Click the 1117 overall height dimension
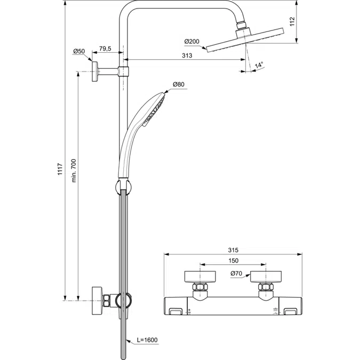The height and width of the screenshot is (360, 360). [x=60, y=170]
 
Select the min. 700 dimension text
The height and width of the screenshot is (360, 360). [x=74, y=170]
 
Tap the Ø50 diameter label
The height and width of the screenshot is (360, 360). [x=79, y=51]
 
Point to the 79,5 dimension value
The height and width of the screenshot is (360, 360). [x=106, y=49]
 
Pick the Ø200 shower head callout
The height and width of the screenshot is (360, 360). [x=192, y=42]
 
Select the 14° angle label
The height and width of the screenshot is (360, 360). [x=259, y=65]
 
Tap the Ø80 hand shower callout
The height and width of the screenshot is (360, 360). [x=179, y=84]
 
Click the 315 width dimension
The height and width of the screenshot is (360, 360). [x=232, y=250]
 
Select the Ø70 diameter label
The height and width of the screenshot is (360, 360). [x=236, y=274]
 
